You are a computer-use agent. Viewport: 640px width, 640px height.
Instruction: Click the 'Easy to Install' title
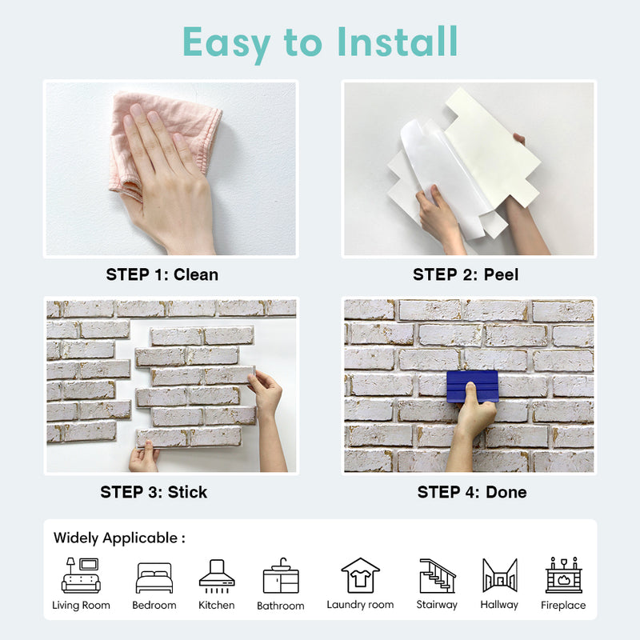[320, 41]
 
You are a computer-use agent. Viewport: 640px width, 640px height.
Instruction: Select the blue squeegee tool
[472, 385]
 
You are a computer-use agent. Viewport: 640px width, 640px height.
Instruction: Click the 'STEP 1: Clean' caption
[162, 274]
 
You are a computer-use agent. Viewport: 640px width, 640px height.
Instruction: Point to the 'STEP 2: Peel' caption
[466, 274]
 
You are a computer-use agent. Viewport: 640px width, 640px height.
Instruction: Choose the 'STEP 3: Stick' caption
[154, 492]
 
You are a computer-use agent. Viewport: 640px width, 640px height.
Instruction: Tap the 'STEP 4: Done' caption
[472, 492]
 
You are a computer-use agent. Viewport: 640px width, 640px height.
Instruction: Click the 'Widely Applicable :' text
[119, 538]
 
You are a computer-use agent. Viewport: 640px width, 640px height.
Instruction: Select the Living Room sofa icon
[82, 575]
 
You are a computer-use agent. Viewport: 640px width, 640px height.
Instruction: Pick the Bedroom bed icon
[154, 578]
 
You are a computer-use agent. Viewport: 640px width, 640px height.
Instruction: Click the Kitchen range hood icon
[217, 575]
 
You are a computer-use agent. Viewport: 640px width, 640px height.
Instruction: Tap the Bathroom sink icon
[281, 577]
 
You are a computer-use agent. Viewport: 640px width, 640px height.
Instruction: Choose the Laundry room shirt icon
[360, 575]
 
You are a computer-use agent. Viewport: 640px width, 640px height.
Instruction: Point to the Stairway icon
[437, 575]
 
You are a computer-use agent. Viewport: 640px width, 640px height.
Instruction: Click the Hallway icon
[499, 575]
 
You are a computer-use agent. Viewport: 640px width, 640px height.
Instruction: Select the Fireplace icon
[563, 575]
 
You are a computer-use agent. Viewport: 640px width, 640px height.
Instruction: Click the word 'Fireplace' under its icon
[563, 606]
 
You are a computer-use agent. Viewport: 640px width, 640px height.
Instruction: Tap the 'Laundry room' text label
[360, 605]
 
